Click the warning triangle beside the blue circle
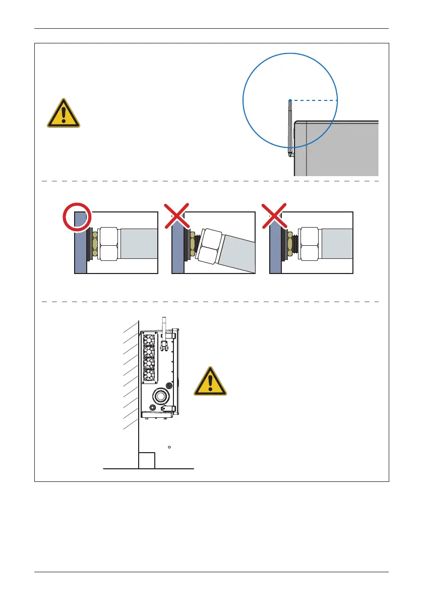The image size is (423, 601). pos(63,113)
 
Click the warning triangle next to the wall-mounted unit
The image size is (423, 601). pos(210,381)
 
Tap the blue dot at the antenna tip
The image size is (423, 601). pos(290,100)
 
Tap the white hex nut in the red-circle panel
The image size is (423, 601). pos(108,243)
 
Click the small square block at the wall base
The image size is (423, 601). pos(147,460)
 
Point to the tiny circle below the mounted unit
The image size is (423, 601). pos(170,447)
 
